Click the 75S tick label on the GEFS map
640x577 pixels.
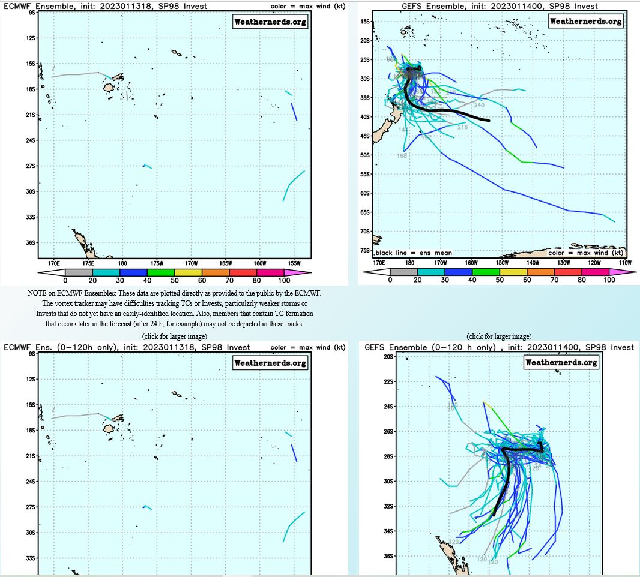[365, 250]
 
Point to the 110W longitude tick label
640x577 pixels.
[626, 262]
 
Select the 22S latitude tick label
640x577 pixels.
[388, 381]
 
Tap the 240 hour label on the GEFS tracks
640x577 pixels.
[479, 105]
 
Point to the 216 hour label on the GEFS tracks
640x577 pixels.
[462, 127]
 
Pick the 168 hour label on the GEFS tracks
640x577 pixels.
[402, 156]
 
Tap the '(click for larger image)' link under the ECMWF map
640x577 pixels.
[174, 336]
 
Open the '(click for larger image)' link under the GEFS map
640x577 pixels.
[499, 336]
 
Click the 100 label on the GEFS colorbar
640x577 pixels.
[609, 280]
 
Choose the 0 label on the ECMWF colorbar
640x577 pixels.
[65, 280]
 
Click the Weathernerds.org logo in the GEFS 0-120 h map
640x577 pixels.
[561, 362]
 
